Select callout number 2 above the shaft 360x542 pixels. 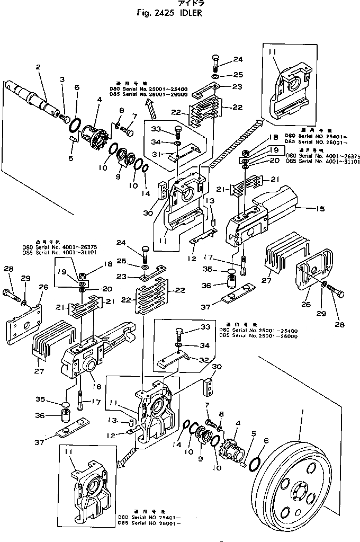click(38, 67)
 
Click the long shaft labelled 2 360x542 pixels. click(34, 96)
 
